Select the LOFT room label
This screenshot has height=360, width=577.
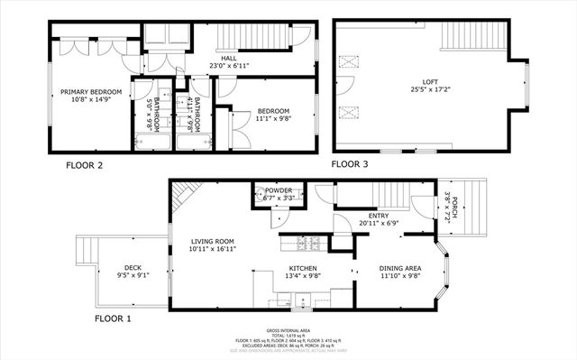(x=416, y=81)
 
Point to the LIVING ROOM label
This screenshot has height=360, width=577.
(x=213, y=241)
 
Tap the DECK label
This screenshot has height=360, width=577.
(x=133, y=267)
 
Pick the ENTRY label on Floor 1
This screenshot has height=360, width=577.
(x=379, y=215)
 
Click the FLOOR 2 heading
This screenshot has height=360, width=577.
(x=85, y=165)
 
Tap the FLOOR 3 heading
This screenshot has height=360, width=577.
(x=351, y=164)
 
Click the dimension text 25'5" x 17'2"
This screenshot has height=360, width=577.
(x=416, y=90)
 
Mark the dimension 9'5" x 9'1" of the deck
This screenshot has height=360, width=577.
(x=133, y=276)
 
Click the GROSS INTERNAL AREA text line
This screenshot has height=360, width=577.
(x=289, y=330)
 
